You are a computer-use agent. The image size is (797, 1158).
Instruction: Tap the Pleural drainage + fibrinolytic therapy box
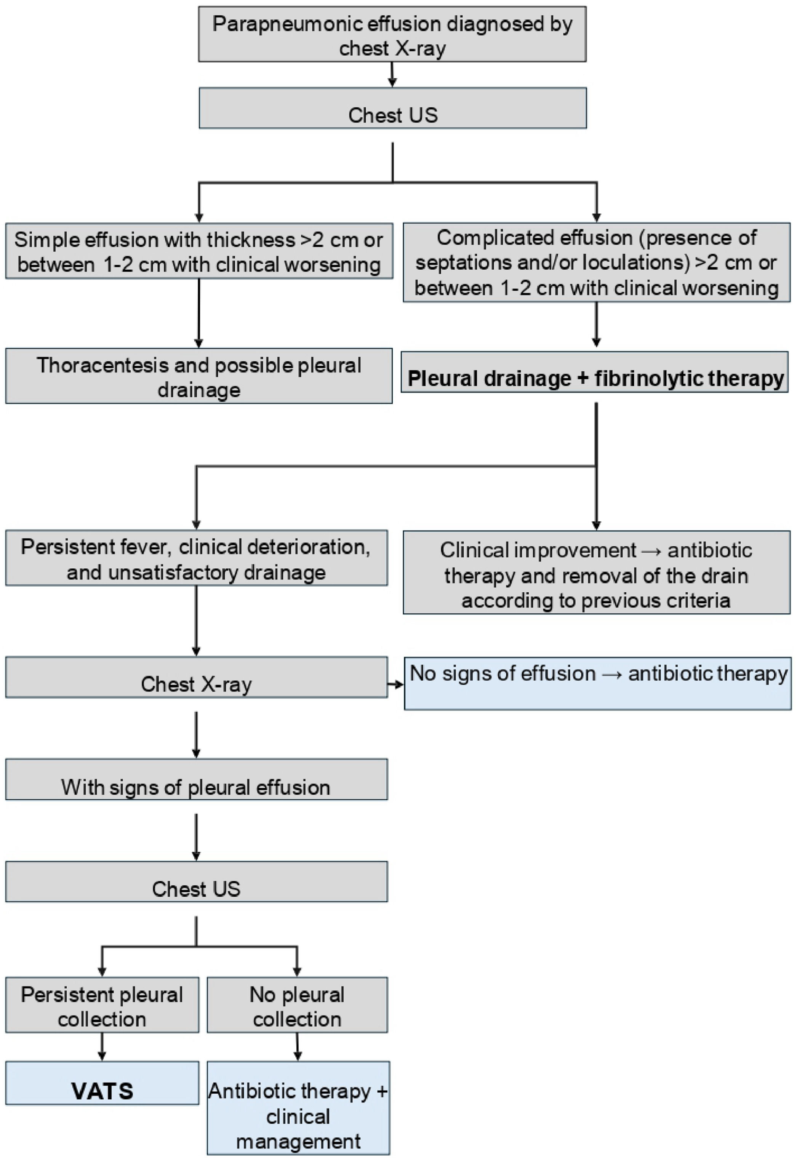[x=594, y=378]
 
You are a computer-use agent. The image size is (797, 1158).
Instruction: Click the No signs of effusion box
[x=597, y=683]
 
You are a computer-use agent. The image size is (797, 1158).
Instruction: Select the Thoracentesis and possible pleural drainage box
[x=199, y=376]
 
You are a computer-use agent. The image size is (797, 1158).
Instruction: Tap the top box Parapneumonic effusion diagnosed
[x=392, y=34]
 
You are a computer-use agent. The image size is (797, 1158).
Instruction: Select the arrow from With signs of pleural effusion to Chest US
[x=196, y=837]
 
